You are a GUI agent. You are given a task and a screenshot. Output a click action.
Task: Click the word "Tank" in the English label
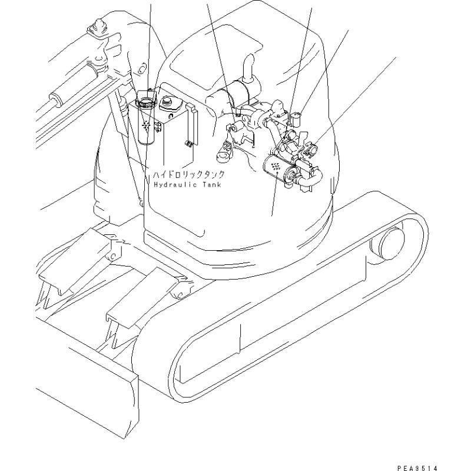point(212,184)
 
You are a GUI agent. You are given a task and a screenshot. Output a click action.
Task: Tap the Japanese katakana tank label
point(189,175)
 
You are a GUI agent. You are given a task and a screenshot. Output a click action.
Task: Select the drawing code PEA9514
point(417,467)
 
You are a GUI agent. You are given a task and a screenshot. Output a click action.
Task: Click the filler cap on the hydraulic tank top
point(170,103)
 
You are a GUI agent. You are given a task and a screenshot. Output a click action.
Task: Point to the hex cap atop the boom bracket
point(98,25)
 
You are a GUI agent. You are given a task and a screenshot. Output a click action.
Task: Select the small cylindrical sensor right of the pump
point(296,118)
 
